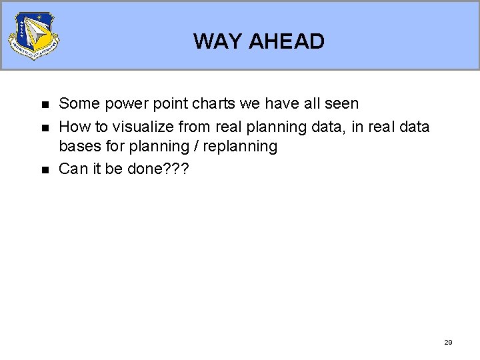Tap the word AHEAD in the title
click(x=286, y=41)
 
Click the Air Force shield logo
click(x=33, y=35)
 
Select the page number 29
click(x=448, y=342)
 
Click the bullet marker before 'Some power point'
click(x=45, y=105)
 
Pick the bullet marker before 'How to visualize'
click(x=45, y=127)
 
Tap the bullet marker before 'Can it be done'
click(x=45, y=170)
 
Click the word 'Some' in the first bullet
click(x=78, y=103)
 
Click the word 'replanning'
click(x=240, y=147)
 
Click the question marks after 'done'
click(x=177, y=169)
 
